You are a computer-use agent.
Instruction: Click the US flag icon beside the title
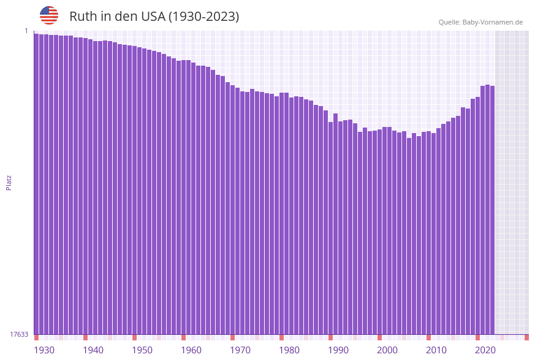[x=49, y=15]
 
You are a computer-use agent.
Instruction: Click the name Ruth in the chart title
[x=83, y=17]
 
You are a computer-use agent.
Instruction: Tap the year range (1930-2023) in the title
[x=203, y=17]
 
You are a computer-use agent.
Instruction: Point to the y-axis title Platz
[x=9, y=182]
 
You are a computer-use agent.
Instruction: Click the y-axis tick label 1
[x=26, y=31]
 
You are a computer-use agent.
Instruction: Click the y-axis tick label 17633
[x=19, y=334]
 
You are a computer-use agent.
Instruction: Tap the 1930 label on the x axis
[x=44, y=350]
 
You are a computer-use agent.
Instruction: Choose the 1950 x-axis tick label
[x=142, y=350]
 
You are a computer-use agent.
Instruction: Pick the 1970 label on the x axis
[x=240, y=350]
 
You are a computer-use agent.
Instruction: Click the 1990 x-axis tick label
[x=338, y=350]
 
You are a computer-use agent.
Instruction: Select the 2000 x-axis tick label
[x=387, y=350]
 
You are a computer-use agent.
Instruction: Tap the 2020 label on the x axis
[x=485, y=350]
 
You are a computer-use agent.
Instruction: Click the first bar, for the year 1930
[x=36, y=184]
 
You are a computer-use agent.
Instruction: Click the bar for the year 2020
[x=477, y=215]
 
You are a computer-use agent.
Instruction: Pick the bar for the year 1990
[x=330, y=228]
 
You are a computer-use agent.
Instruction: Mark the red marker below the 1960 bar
[x=183, y=337]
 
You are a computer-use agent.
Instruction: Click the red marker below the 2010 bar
[x=428, y=337]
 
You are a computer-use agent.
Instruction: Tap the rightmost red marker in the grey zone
[x=526, y=337]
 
